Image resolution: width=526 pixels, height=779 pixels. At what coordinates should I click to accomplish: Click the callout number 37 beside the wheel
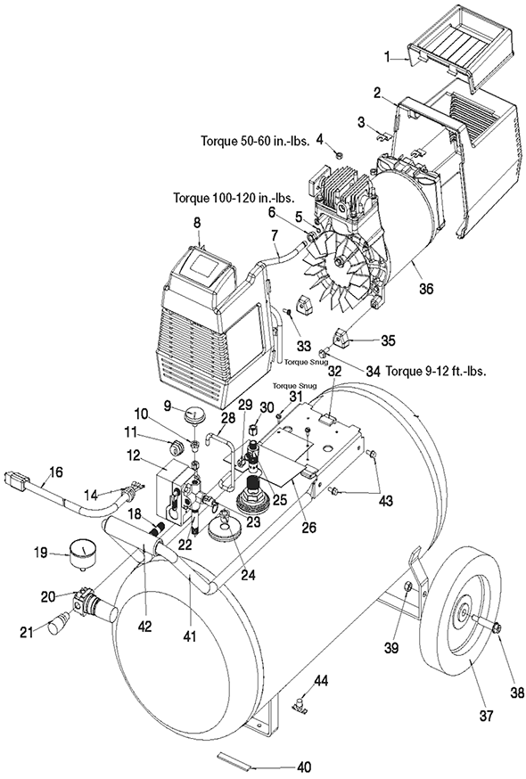point(486,716)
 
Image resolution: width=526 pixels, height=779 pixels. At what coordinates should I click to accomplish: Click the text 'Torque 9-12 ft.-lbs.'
point(436,371)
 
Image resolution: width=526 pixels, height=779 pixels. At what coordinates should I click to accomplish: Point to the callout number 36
point(427,289)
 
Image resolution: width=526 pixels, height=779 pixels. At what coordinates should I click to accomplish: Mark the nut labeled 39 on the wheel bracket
point(406,586)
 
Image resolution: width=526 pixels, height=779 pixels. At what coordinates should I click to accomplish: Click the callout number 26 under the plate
point(309,527)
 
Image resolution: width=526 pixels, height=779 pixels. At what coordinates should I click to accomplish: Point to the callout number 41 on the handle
point(191,635)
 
